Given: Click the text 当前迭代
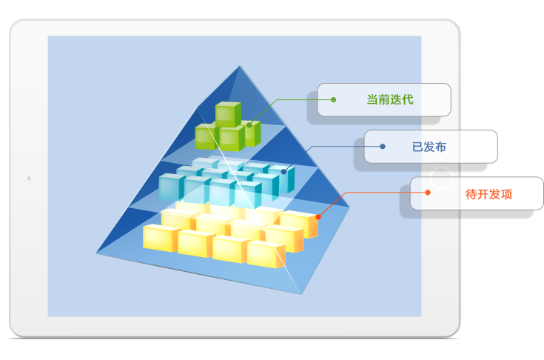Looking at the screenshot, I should pyautogui.click(x=391, y=99).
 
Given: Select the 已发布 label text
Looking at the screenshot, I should pyautogui.click(x=429, y=147).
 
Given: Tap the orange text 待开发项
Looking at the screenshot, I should pyautogui.click(x=489, y=195).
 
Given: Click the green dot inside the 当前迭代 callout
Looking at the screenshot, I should pyautogui.click(x=334, y=99).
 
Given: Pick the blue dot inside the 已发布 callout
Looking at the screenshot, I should pyautogui.click(x=383, y=147).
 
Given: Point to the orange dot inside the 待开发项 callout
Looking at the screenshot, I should pyautogui.click(x=427, y=193).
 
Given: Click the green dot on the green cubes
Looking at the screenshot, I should pyautogui.click(x=249, y=124).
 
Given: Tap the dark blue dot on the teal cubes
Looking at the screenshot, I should pyautogui.click(x=283, y=170).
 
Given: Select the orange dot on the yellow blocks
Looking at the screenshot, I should pyautogui.click(x=318, y=217).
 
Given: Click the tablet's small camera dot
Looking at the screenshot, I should pyautogui.click(x=29, y=179).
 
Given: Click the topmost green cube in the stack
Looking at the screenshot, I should pyautogui.click(x=227, y=113).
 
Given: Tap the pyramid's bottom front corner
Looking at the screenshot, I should pyautogui.click(x=302, y=293).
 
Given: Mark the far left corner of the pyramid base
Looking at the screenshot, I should pyautogui.click(x=96, y=253).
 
